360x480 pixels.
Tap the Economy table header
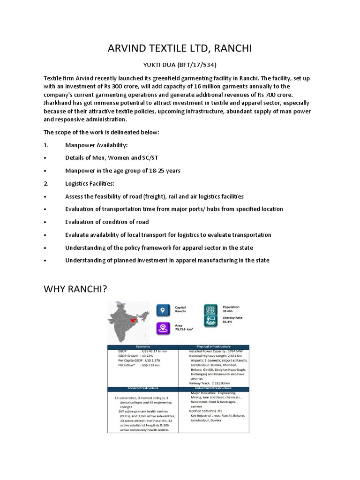click(x=143, y=347)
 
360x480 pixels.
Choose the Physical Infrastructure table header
click(x=214, y=347)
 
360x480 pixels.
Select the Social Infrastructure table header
click(x=143, y=388)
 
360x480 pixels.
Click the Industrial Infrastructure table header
click(x=214, y=388)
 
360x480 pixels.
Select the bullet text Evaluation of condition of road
click(x=107, y=222)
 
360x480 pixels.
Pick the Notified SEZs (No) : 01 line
click(x=210, y=411)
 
